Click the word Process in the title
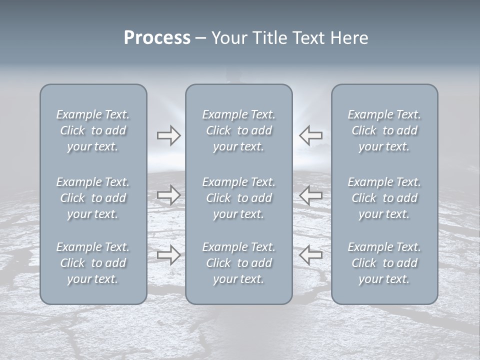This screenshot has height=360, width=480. pos(157,38)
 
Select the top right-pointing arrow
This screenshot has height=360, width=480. pos(169,135)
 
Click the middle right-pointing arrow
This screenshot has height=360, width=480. pos(169,195)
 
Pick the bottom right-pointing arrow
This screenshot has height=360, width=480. pos(169,255)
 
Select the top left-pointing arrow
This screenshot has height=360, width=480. pos(310,135)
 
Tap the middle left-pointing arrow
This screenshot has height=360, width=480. pos(310,195)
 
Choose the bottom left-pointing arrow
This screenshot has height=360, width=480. pos(310,255)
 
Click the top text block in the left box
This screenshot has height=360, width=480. pos(93,130)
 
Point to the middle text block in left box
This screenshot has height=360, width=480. pos(93,198)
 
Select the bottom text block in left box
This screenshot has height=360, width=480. pos(93,263)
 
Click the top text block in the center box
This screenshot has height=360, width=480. pos(239,130)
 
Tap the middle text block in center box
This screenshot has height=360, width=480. pos(239,198)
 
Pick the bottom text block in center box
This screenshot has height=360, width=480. pos(239,263)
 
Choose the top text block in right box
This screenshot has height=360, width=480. pos(384,130)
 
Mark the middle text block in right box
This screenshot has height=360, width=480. pos(384,198)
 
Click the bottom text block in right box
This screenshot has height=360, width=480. pos(384,263)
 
